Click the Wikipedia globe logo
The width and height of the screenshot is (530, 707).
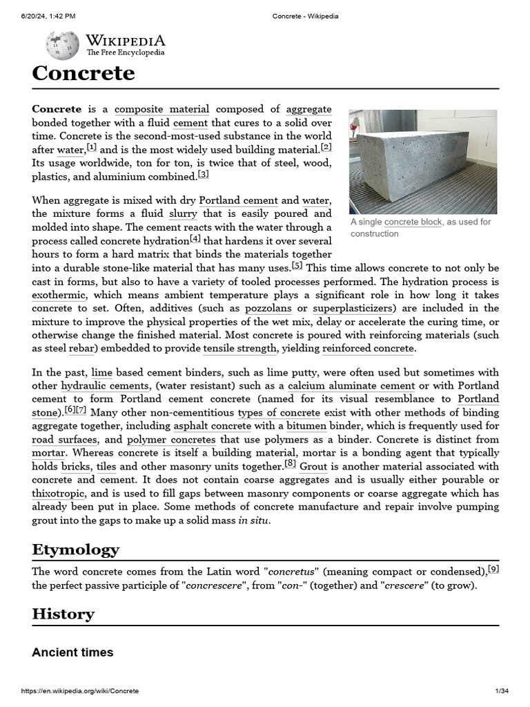click(x=62, y=46)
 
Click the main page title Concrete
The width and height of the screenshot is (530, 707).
click(x=83, y=73)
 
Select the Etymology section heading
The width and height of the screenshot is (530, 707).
click(x=75, y=549)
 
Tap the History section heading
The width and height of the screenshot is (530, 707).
click(x=63, y=613)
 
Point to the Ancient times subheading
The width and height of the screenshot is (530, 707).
click(x=72, y=652)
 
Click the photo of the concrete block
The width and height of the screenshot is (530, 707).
click(x=422, y=161)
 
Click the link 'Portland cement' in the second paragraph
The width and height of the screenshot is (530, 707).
click(x=238, y=200)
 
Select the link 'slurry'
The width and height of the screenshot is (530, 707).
click(x=182, y=213)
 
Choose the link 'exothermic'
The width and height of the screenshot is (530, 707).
click(x=59, y=295)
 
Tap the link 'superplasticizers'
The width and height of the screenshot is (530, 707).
click(x=353, y=308)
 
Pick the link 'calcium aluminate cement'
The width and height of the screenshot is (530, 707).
click(x=351, y=386)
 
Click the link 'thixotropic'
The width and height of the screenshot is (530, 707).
click(x=59, y=493)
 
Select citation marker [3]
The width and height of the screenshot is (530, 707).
click(x=203, y=174)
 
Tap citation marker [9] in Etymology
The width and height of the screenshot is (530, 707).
click(x=493, y=569)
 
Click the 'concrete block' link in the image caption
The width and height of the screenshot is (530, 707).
click(x=413, y=222)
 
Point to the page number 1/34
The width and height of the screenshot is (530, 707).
click(x=502, y=691)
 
